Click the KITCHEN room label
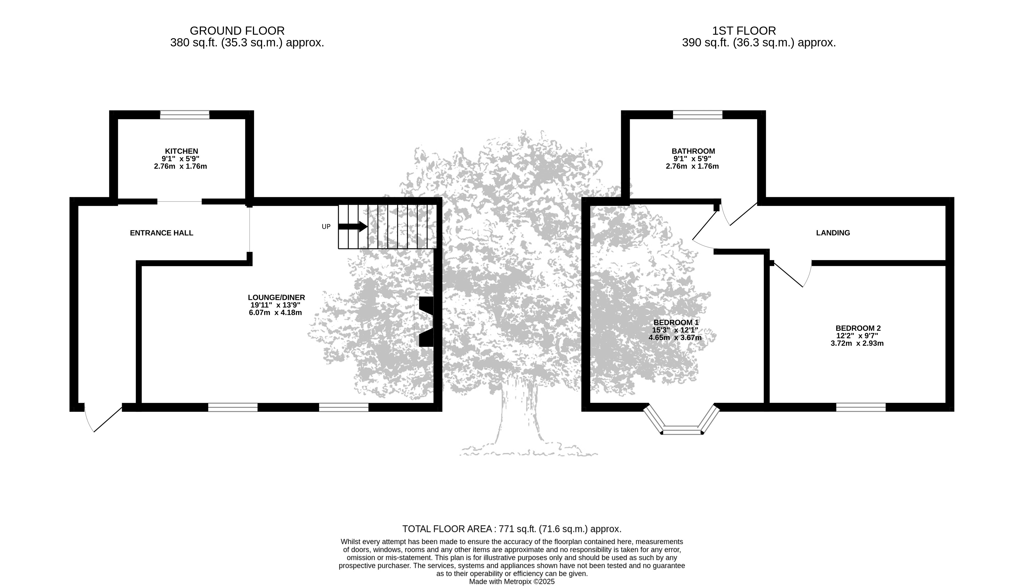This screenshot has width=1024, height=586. tap(181, 151)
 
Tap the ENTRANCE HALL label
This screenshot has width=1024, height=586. tap(161, 233)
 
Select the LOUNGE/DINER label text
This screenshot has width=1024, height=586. tap(276, 298)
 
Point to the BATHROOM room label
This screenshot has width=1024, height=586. tap(693, 151)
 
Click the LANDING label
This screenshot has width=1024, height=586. tap(833, 233)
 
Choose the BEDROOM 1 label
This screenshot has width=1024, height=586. tap(676, 322)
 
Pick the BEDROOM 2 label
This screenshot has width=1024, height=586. tap(857, 328)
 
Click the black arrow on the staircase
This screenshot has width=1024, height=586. tap(352, 227)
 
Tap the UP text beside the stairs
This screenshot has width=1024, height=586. tap(326, 227)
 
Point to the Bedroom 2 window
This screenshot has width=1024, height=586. tap(861, 407)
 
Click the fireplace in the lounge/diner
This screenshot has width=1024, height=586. tap(426, 321)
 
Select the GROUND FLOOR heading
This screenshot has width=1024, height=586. tap(237, 31)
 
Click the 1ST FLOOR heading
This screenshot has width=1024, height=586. tap(744, 31)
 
